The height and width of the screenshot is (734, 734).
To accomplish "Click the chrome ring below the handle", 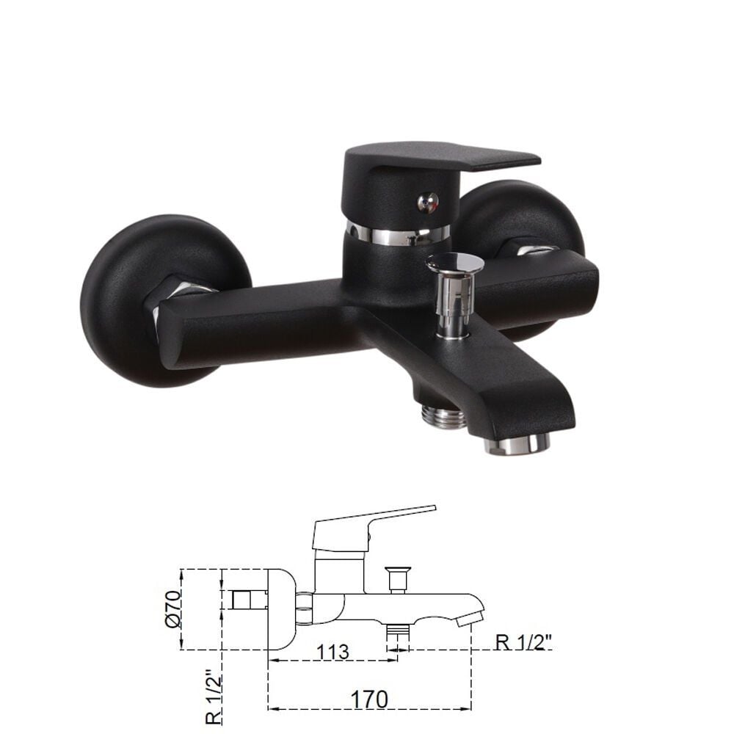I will pyautogui.click(x=397, y=234).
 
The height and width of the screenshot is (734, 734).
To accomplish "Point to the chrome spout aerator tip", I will pyautogui.click(x=518, y=443).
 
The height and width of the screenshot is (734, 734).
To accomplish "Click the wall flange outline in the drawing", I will pyautogui.click(x=280, y=609).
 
